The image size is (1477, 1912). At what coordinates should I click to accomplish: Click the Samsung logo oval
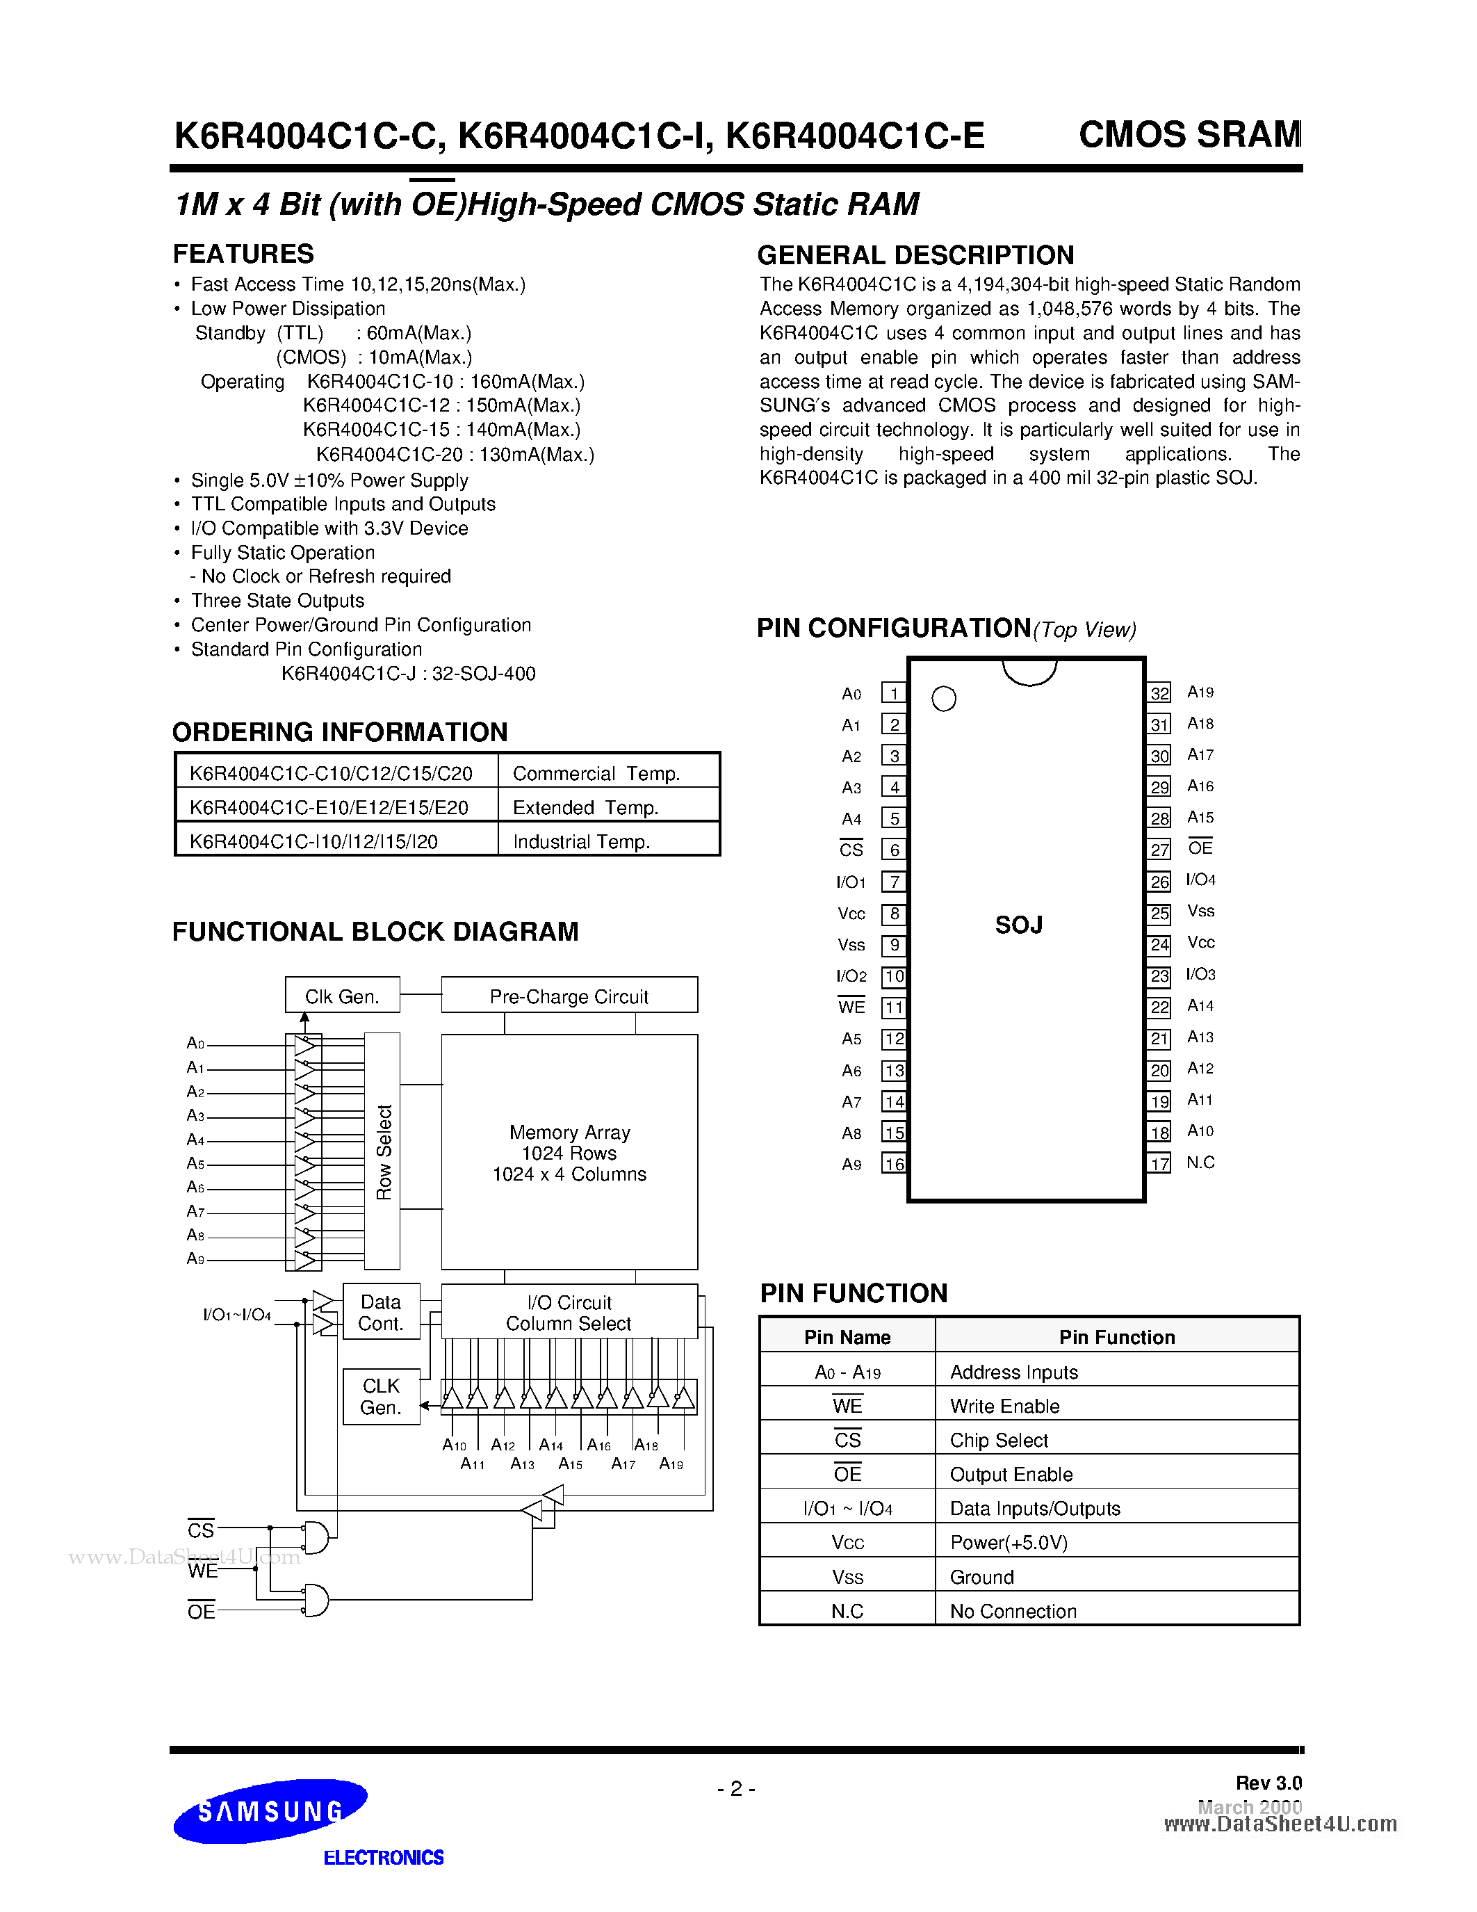point(270,1811)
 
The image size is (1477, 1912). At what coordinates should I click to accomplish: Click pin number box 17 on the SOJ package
point(1159,1163)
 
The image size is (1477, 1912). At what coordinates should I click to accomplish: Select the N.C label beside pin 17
point(1200,1162)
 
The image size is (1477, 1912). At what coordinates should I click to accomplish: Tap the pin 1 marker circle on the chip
point(943,699)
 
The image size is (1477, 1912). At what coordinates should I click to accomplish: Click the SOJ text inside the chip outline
point(1018,925)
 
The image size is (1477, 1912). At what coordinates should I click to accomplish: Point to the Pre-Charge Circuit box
point(569,996)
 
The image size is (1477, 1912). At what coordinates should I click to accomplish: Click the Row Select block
point(382,1151)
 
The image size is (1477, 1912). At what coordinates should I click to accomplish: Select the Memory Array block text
point(569,1153)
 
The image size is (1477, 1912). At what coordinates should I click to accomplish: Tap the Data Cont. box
point(381,1312)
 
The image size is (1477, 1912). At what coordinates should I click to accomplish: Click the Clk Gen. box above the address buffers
point(342,996)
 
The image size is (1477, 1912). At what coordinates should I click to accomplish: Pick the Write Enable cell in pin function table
point(1004,1406)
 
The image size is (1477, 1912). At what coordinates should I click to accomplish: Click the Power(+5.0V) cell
point(1009,1543)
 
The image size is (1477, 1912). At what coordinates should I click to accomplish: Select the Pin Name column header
point(847,1337)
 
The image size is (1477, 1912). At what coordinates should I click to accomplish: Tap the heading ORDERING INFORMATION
point(339,732)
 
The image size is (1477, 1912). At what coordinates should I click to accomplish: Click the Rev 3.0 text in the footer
point(1268,1783)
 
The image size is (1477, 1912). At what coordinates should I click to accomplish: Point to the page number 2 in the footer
point(736,1788)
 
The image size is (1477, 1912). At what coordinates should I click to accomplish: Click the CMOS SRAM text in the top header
point(1189,134)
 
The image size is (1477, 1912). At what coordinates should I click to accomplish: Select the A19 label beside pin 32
point(1200,692)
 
